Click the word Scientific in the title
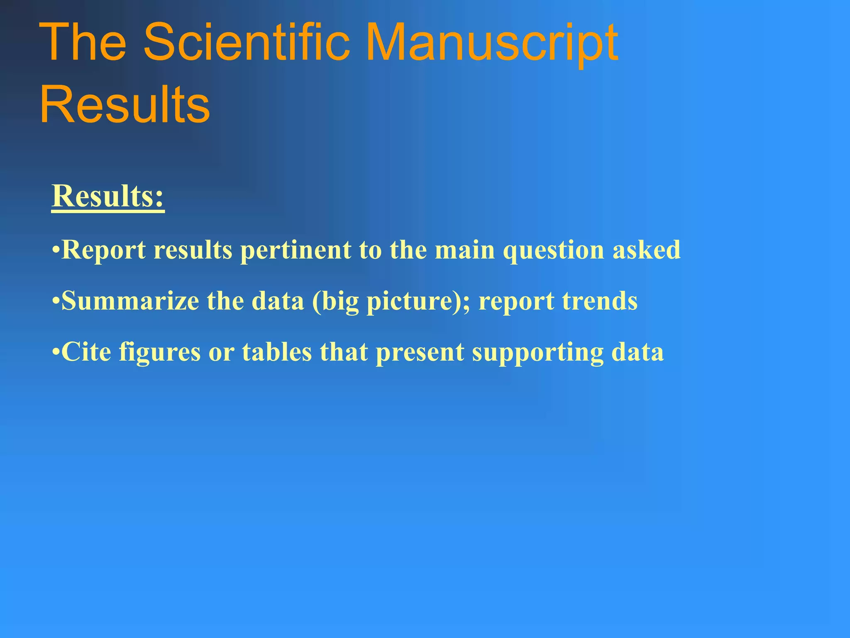point(247,42)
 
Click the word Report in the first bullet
point(103,250)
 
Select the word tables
point(277,352)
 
